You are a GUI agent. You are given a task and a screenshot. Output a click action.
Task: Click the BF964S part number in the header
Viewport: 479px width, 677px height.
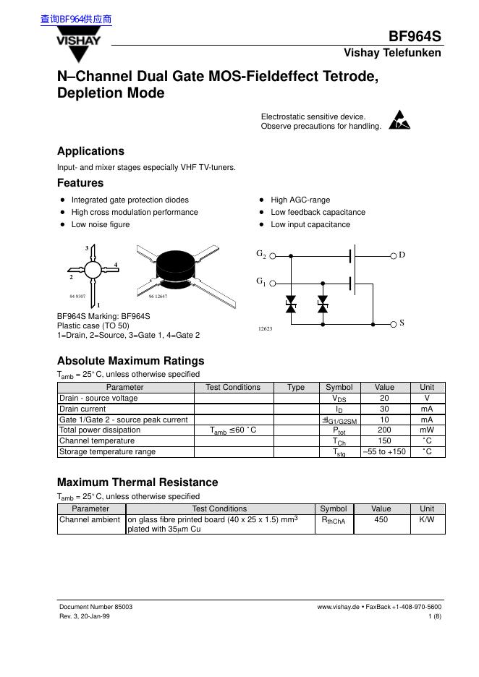[x=415, y=37]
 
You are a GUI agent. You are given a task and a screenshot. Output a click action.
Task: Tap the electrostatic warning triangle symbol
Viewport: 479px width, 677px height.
[x=399, y=120]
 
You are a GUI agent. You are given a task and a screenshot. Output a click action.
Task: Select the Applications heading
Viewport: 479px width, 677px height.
[x=90, y=151]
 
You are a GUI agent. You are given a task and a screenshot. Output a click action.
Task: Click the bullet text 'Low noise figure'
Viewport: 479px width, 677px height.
[x=101, y=224]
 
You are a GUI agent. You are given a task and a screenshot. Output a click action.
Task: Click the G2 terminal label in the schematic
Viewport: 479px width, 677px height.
[x=261, y=255]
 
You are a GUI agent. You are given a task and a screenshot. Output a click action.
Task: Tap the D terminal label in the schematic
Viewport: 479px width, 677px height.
[x=402, y=255]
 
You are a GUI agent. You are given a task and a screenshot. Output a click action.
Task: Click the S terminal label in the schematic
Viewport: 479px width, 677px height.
[x=402, y=323]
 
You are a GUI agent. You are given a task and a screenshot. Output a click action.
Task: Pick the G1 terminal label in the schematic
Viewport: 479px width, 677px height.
[x=261, y=281]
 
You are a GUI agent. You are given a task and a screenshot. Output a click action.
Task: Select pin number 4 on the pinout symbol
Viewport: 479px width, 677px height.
[x=116, y=264]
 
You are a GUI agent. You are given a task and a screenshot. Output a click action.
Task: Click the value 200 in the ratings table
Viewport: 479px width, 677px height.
[x=384, y=430]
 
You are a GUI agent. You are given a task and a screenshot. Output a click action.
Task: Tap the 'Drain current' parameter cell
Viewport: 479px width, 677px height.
[x=82, y=409]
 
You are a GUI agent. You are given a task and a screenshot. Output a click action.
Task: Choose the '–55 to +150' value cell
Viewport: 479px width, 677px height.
[x=384, y=451]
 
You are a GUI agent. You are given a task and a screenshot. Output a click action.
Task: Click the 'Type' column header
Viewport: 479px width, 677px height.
[x=296, y=387]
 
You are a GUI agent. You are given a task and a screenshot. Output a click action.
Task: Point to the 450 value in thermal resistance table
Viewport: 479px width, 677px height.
[x=381, y=519]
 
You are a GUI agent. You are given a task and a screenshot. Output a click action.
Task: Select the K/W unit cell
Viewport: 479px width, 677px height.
[x=427, y=519]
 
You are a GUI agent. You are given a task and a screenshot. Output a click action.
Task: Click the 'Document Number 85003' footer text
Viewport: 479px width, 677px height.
[x=96, y=607]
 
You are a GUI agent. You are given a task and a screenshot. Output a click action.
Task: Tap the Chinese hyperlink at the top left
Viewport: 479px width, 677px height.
[x=76, y=20]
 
